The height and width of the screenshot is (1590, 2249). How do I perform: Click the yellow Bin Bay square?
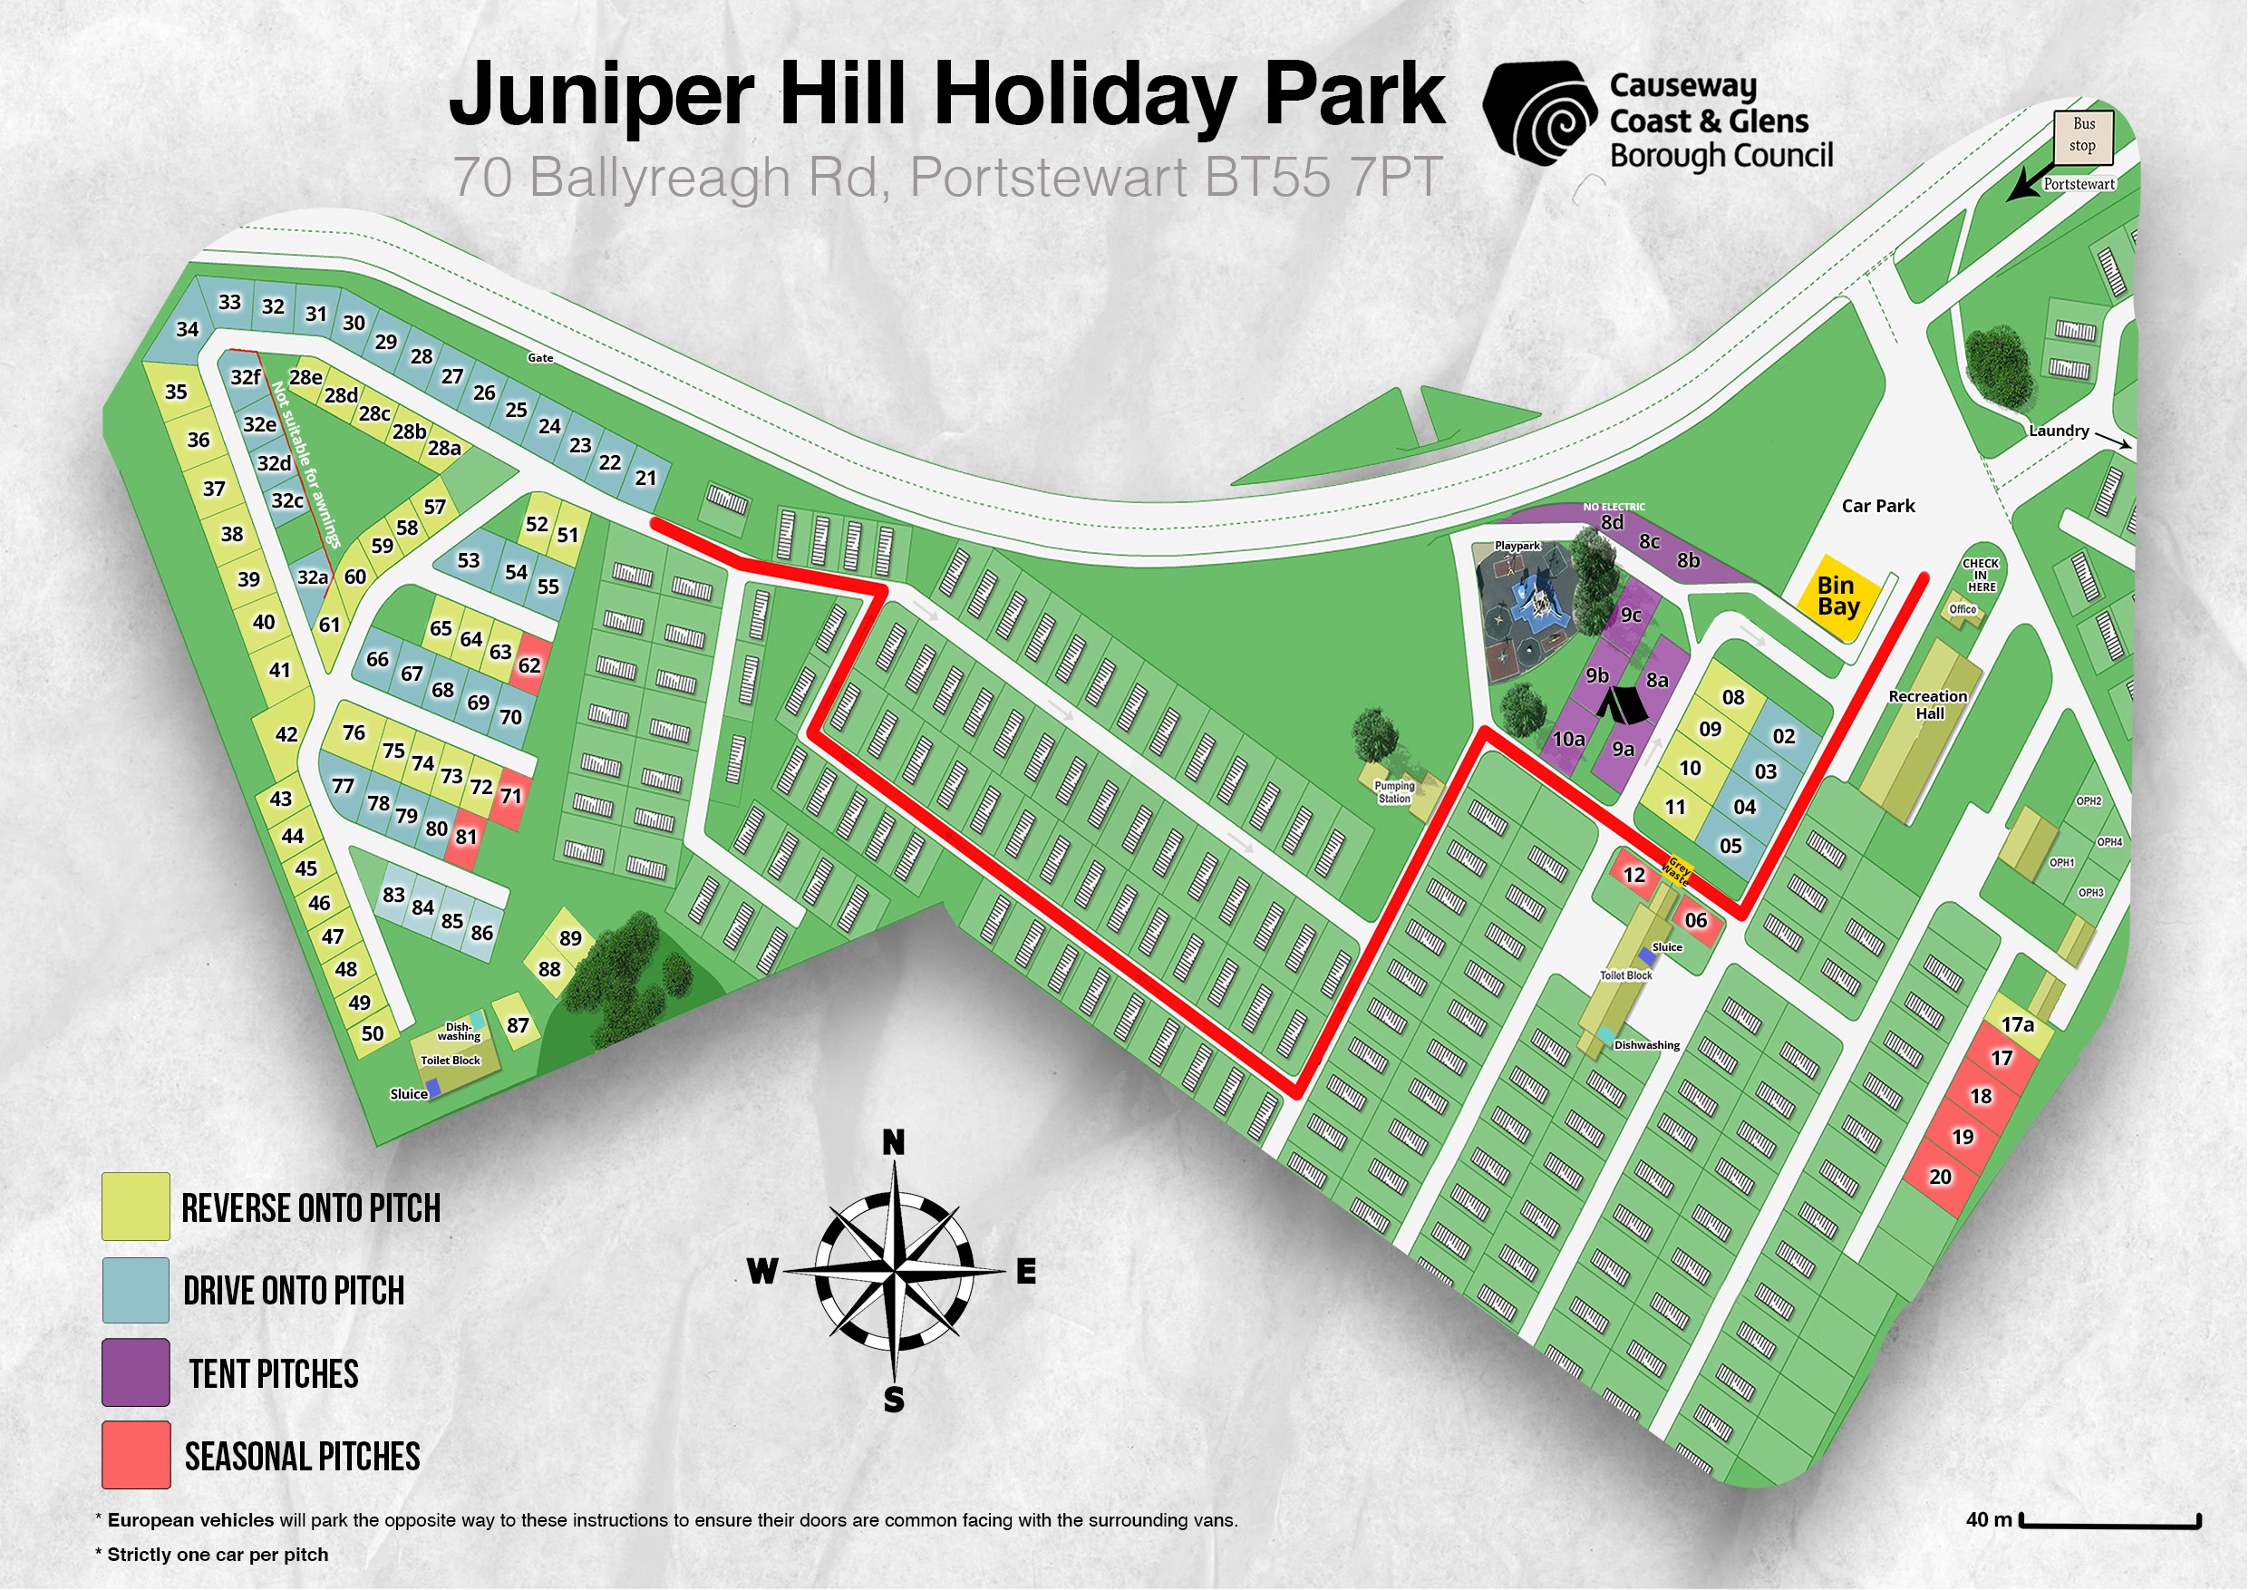point(1838,596)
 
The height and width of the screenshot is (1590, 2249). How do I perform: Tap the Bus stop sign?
point(2083,135)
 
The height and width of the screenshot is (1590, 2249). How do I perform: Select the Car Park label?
point(1876,507)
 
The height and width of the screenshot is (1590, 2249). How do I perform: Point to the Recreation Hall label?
point(1928,704)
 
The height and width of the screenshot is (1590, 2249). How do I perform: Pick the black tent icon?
point(1622,703)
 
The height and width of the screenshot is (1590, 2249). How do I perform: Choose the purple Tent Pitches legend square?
point(135,1372)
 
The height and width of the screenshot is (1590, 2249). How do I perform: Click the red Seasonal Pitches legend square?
point(135,1455)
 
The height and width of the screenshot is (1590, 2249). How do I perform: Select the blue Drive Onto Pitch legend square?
point(135,1289)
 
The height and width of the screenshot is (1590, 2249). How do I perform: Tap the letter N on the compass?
point(893,1142)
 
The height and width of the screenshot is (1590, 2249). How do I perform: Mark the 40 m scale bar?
point(2111,1521)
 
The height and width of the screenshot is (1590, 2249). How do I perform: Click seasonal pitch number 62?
point(530,666)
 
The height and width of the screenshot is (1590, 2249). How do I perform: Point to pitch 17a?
point(2017,1024)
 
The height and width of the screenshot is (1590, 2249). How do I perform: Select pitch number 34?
point(187,329)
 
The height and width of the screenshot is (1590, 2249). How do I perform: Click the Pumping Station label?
point(1394,791)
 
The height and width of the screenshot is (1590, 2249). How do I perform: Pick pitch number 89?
point(570,938)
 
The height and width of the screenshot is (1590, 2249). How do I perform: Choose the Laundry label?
point(2058,431)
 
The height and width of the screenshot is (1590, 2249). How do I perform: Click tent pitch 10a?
point(1568,740)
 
